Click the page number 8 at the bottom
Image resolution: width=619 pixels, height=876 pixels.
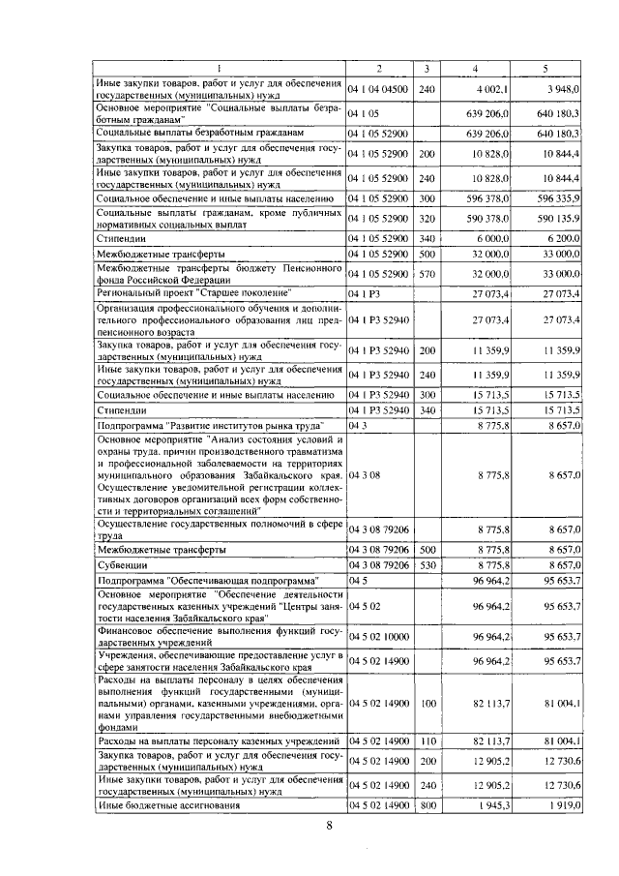pyautogui.click(x=328, y=825)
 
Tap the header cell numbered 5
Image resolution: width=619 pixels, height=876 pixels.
pyautogui.click(x=545, y=68)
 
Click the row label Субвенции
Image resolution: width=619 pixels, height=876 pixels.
pyautogui.click(x=120, y=563)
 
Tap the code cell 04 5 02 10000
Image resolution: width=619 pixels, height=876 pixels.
pyautogui.click(x=379, y=636)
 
